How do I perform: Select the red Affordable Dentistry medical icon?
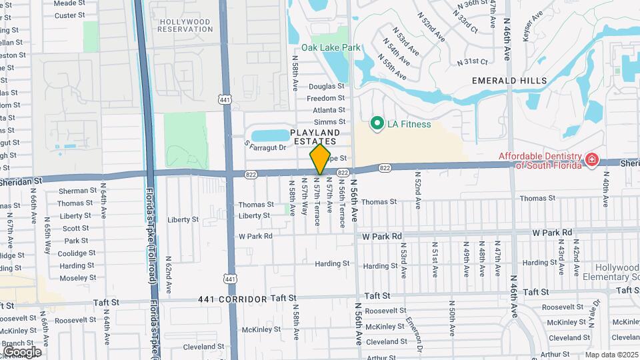[591, 159]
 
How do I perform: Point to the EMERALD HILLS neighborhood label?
[509, 81]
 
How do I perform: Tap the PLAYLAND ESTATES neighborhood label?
[315, 137]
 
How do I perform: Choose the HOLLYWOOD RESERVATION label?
[185, 25]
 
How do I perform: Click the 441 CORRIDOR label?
[232, 300]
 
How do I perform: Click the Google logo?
[22, 352]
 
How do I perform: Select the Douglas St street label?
[326, 86]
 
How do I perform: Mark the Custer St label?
[69, 15]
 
